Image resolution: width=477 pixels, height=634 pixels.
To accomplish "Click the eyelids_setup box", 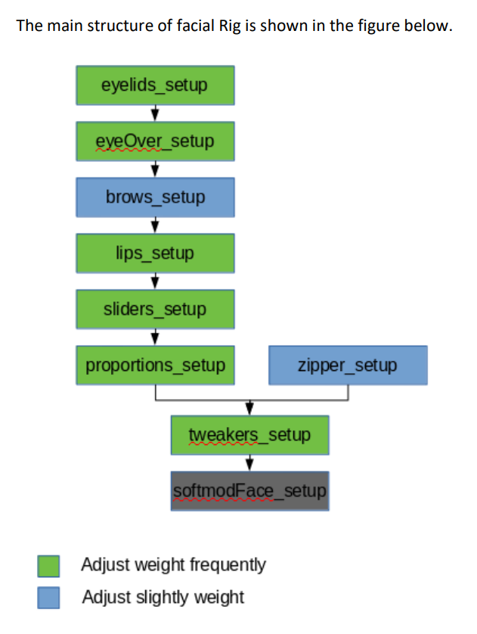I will click(x=154, y=85).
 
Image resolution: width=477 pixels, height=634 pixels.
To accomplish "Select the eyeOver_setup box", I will click(x=154, y=141).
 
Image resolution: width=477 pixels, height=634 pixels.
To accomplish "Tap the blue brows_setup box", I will click(x=154, y=197).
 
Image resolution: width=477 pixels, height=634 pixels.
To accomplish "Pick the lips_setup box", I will click(x=154, y=253).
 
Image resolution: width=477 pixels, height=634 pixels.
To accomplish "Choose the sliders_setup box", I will click(x=154, y=309).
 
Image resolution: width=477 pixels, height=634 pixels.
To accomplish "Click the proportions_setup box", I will click(x=154, y=366).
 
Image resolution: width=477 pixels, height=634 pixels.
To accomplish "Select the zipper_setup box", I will click(x=347, y=366).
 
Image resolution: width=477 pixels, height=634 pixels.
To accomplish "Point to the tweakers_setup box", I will click(x=249, y=435).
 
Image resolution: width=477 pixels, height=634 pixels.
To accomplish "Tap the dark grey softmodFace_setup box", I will click(x=249, y=491).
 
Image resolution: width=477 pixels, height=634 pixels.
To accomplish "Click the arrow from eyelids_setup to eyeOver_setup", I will click(x=154, y=113).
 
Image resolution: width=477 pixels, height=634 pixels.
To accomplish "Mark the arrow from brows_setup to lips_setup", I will click(x=154, y=225).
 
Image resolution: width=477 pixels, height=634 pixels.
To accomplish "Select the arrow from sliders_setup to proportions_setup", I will click(x=154, y=337).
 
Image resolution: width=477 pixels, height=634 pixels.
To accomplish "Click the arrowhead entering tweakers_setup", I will click(x=249, y=409).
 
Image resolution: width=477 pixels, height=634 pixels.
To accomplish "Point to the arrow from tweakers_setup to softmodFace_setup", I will click(x=249, y=463).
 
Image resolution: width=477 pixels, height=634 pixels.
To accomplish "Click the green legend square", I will click(x=50, y=565).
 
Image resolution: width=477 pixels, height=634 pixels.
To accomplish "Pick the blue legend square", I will click(x=50, y=598).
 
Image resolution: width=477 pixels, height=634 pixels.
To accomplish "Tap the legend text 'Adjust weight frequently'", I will click(x=173, y=564).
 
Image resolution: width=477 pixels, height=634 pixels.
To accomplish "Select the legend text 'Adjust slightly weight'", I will click(x=163, y=597).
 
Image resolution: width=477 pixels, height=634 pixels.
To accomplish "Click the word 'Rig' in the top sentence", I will click(x=231, y=26).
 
